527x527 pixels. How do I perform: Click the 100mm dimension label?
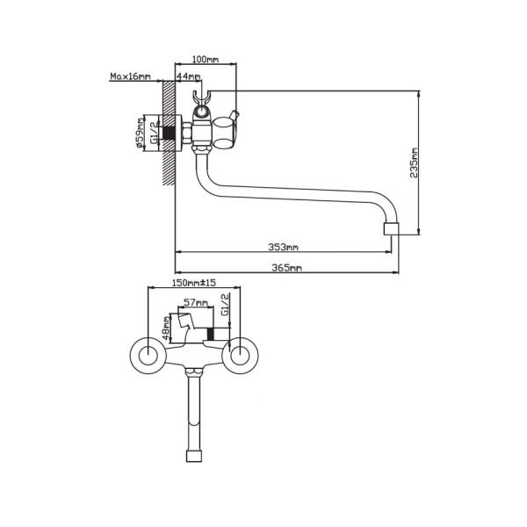point(204,60)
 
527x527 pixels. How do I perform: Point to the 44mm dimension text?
point(188,76)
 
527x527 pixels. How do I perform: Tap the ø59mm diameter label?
point(141,134)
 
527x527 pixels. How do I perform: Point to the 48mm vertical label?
point(167,330)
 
